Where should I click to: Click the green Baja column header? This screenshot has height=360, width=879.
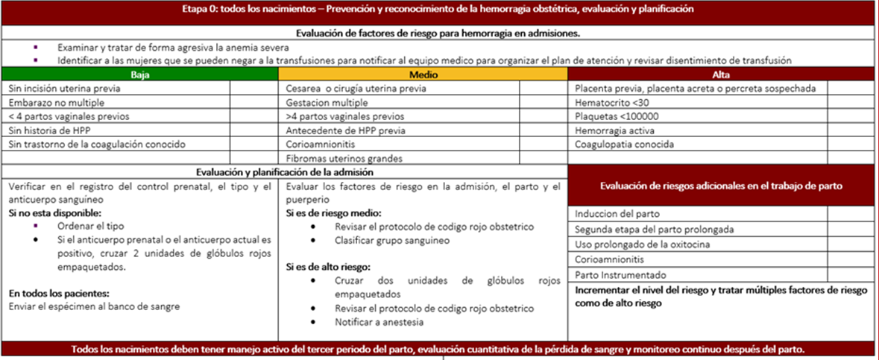point(139,75)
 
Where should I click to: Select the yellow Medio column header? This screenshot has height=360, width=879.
point(423,75)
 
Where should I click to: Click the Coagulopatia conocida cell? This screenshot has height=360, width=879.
point(625,144)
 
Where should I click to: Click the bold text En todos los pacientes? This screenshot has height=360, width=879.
point(59,294)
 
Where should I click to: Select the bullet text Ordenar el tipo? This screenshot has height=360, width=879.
point(90,226)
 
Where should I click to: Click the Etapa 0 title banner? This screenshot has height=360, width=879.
point(438,10)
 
